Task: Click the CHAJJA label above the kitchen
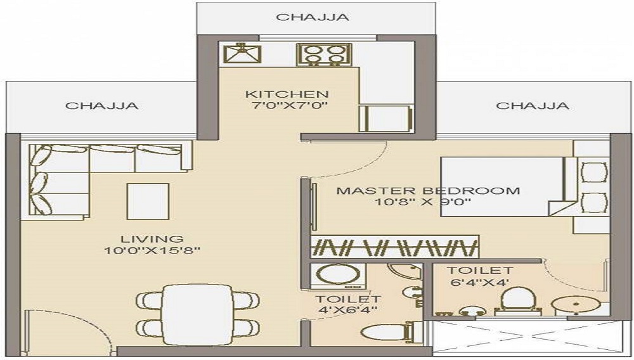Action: (312, 17)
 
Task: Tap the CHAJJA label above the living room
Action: (101, 105)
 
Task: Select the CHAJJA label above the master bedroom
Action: (532, 105)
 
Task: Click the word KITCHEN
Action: (287, 94)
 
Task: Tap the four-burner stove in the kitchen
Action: (324, 54)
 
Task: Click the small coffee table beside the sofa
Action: (148, 201)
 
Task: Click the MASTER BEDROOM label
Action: (428, 190)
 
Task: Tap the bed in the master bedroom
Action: (501, 187)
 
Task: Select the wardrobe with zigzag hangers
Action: (394, 247)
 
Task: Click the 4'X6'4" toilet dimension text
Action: (349, 310)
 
